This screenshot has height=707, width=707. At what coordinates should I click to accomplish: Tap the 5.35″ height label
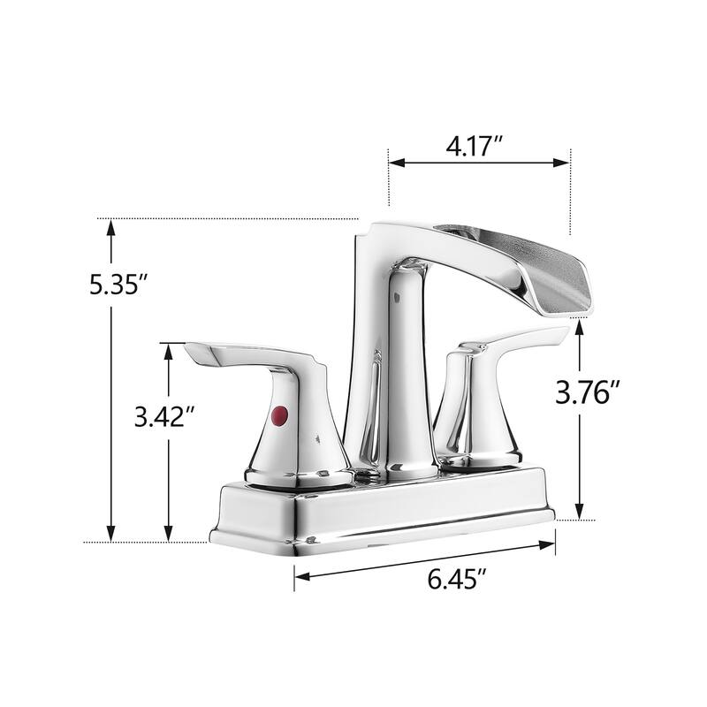point(118,285)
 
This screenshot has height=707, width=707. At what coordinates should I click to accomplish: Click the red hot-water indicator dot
point(280,414)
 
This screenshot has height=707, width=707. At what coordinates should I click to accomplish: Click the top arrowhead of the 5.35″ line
point(111,227)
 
